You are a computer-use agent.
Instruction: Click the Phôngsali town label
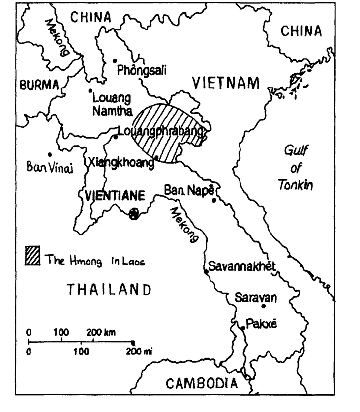(142, 71)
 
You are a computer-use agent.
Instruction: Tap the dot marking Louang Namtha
(90, 90)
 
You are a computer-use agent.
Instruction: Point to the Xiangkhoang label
(120, 163)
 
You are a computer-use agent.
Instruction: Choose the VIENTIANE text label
(115, 196)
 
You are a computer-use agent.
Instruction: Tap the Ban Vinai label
(50, 168)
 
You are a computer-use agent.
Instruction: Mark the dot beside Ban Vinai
(50, 154)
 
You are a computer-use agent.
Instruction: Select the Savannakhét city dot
(206, 271)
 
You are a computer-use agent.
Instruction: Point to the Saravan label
(255, 297)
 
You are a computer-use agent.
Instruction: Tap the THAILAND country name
(109, 289)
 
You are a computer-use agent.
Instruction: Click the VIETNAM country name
(225, 84)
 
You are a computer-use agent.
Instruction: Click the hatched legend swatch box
(32, 256)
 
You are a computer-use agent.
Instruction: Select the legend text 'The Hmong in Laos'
(94, 261)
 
